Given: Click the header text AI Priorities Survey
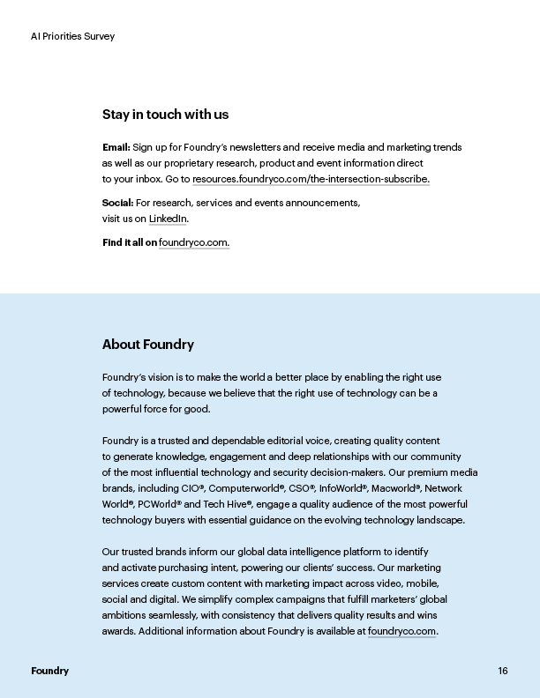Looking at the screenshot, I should pyautogui.click(x=72, y=36).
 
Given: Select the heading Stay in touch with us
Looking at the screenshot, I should pyautogui.click(x=165, y=115).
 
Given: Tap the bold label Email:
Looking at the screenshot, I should pyautogui.click(x=116, y=147).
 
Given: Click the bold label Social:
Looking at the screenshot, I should pyautogui.click(x=118, y=203).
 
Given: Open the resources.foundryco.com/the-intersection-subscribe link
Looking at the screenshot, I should pyautogui.click(x=311, y=179).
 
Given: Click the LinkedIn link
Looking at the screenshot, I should pyautogui.click(x=168, y=219).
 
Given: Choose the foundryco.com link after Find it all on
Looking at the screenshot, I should pyautogui.click(x=194, y=242).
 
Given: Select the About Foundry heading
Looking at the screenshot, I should pyautogui.click(x=148, y=345).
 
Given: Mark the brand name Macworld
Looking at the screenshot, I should pyautogui.click(x=394, y=488).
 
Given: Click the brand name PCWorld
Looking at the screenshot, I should pyautogui.click(x=158, y=504).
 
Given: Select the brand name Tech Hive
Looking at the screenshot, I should pyautogui.click(x=226, y=504).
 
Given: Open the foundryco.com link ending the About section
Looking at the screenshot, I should pyautogui.click(x=401, y=631).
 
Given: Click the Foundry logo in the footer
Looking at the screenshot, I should pyautogui.click(x=49, y=671).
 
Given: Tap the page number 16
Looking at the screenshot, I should pyautogui.click(x=502, y=671).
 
